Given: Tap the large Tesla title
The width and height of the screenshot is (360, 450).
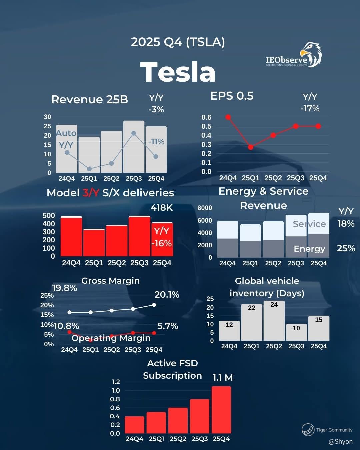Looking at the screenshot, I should pos(178,72).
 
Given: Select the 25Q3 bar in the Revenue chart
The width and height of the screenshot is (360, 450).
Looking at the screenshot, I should pos(134,147).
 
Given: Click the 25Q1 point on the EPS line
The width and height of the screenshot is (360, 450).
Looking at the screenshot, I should pos(251,147).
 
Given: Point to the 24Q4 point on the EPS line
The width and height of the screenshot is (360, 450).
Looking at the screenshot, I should pos(228,117).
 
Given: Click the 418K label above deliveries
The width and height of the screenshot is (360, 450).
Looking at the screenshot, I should pos(162,208).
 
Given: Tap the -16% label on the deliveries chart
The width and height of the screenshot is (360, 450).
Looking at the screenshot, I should pos(162,243).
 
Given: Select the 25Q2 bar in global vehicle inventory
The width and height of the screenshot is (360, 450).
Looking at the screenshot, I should pos(274,321).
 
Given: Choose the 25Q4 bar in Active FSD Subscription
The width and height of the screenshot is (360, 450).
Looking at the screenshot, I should pos(221,410).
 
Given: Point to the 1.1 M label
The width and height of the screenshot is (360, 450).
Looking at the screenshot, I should pos(223,378).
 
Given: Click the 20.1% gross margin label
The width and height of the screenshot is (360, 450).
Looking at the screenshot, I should pos(167,295).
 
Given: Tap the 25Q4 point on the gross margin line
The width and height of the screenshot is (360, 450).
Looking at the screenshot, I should pos(154,305).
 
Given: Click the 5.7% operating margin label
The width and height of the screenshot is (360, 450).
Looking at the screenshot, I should pos(168,326).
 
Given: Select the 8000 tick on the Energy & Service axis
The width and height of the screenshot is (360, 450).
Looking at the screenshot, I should pos(205,208).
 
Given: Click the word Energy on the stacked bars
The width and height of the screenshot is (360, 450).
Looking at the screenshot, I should pos(309,249).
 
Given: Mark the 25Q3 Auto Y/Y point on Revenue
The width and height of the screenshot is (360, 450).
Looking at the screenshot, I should pos(134,133).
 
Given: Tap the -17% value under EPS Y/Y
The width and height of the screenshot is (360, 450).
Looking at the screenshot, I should pos(310,109).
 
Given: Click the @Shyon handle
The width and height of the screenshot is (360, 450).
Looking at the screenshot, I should pos(340,441).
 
